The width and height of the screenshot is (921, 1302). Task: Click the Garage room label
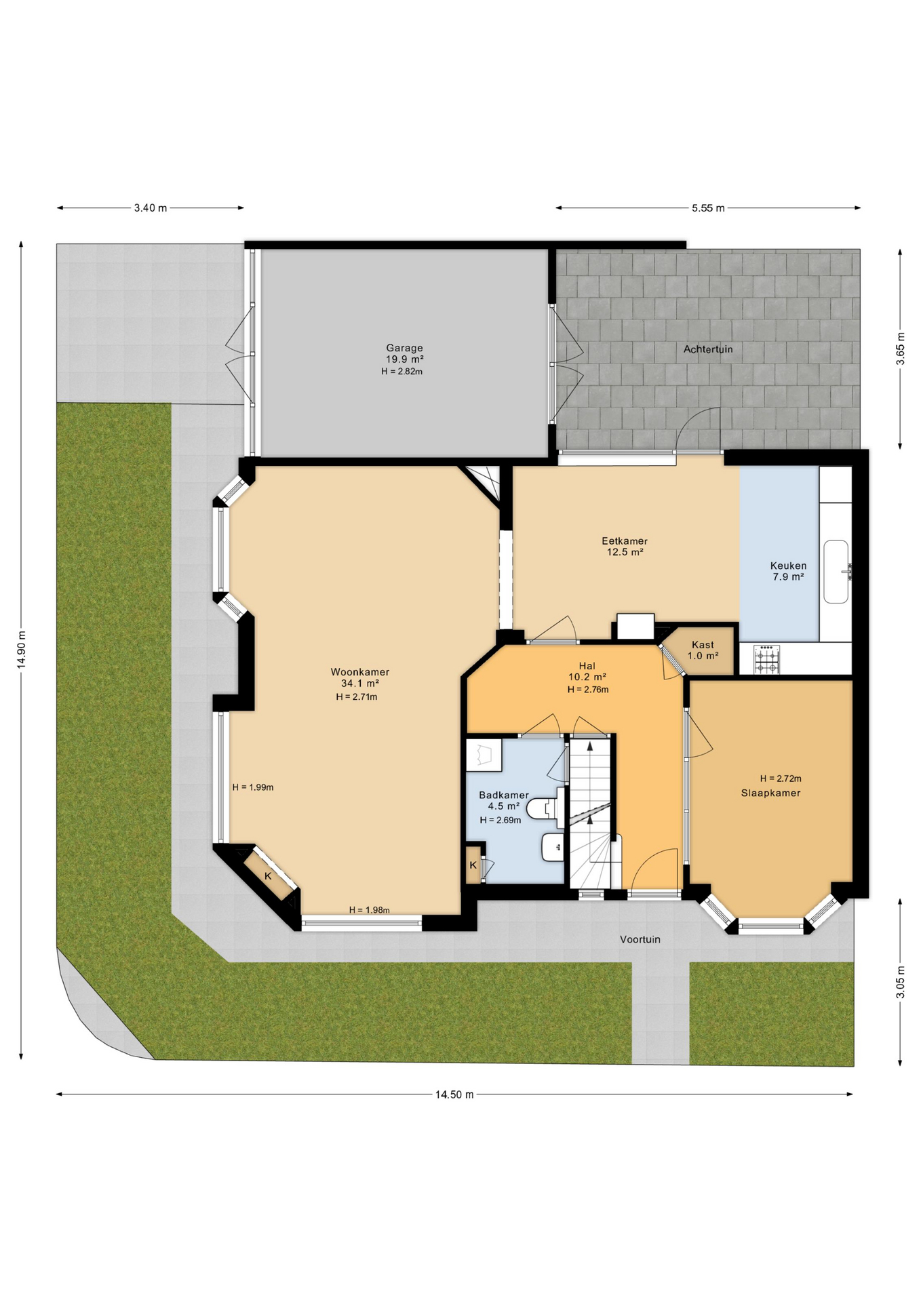pos(405,348)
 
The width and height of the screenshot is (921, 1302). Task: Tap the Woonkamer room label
pos(360,672)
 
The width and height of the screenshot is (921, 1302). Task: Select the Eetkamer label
pos(625,541)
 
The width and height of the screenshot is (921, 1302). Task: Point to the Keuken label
pos(788,566)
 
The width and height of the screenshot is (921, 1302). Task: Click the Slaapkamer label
pos(770,793)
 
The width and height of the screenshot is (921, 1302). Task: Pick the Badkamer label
pos(504,795)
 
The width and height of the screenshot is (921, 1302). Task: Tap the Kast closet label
pos(703,645)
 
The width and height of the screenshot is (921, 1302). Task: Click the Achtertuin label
pos(708,349)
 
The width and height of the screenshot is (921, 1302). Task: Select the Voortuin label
pos(640,939)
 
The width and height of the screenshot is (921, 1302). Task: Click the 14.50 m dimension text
pos(454,1094)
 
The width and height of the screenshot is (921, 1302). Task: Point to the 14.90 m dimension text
pos(21,650)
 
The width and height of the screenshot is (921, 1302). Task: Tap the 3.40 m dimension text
pos(151,208)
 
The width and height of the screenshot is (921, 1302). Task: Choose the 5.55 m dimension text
pos(708,208)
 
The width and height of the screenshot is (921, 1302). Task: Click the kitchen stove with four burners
pos(766,659)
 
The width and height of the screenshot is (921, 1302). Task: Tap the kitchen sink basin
pos(836,572)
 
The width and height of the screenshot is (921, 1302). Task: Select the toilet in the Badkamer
pos(545,808)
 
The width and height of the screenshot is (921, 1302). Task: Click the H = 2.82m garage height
pos(402,372)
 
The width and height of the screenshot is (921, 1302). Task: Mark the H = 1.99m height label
pos(253,787)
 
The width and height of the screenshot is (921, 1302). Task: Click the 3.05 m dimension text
pos(900,982)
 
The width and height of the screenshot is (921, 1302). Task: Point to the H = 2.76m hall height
pos(588,690)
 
